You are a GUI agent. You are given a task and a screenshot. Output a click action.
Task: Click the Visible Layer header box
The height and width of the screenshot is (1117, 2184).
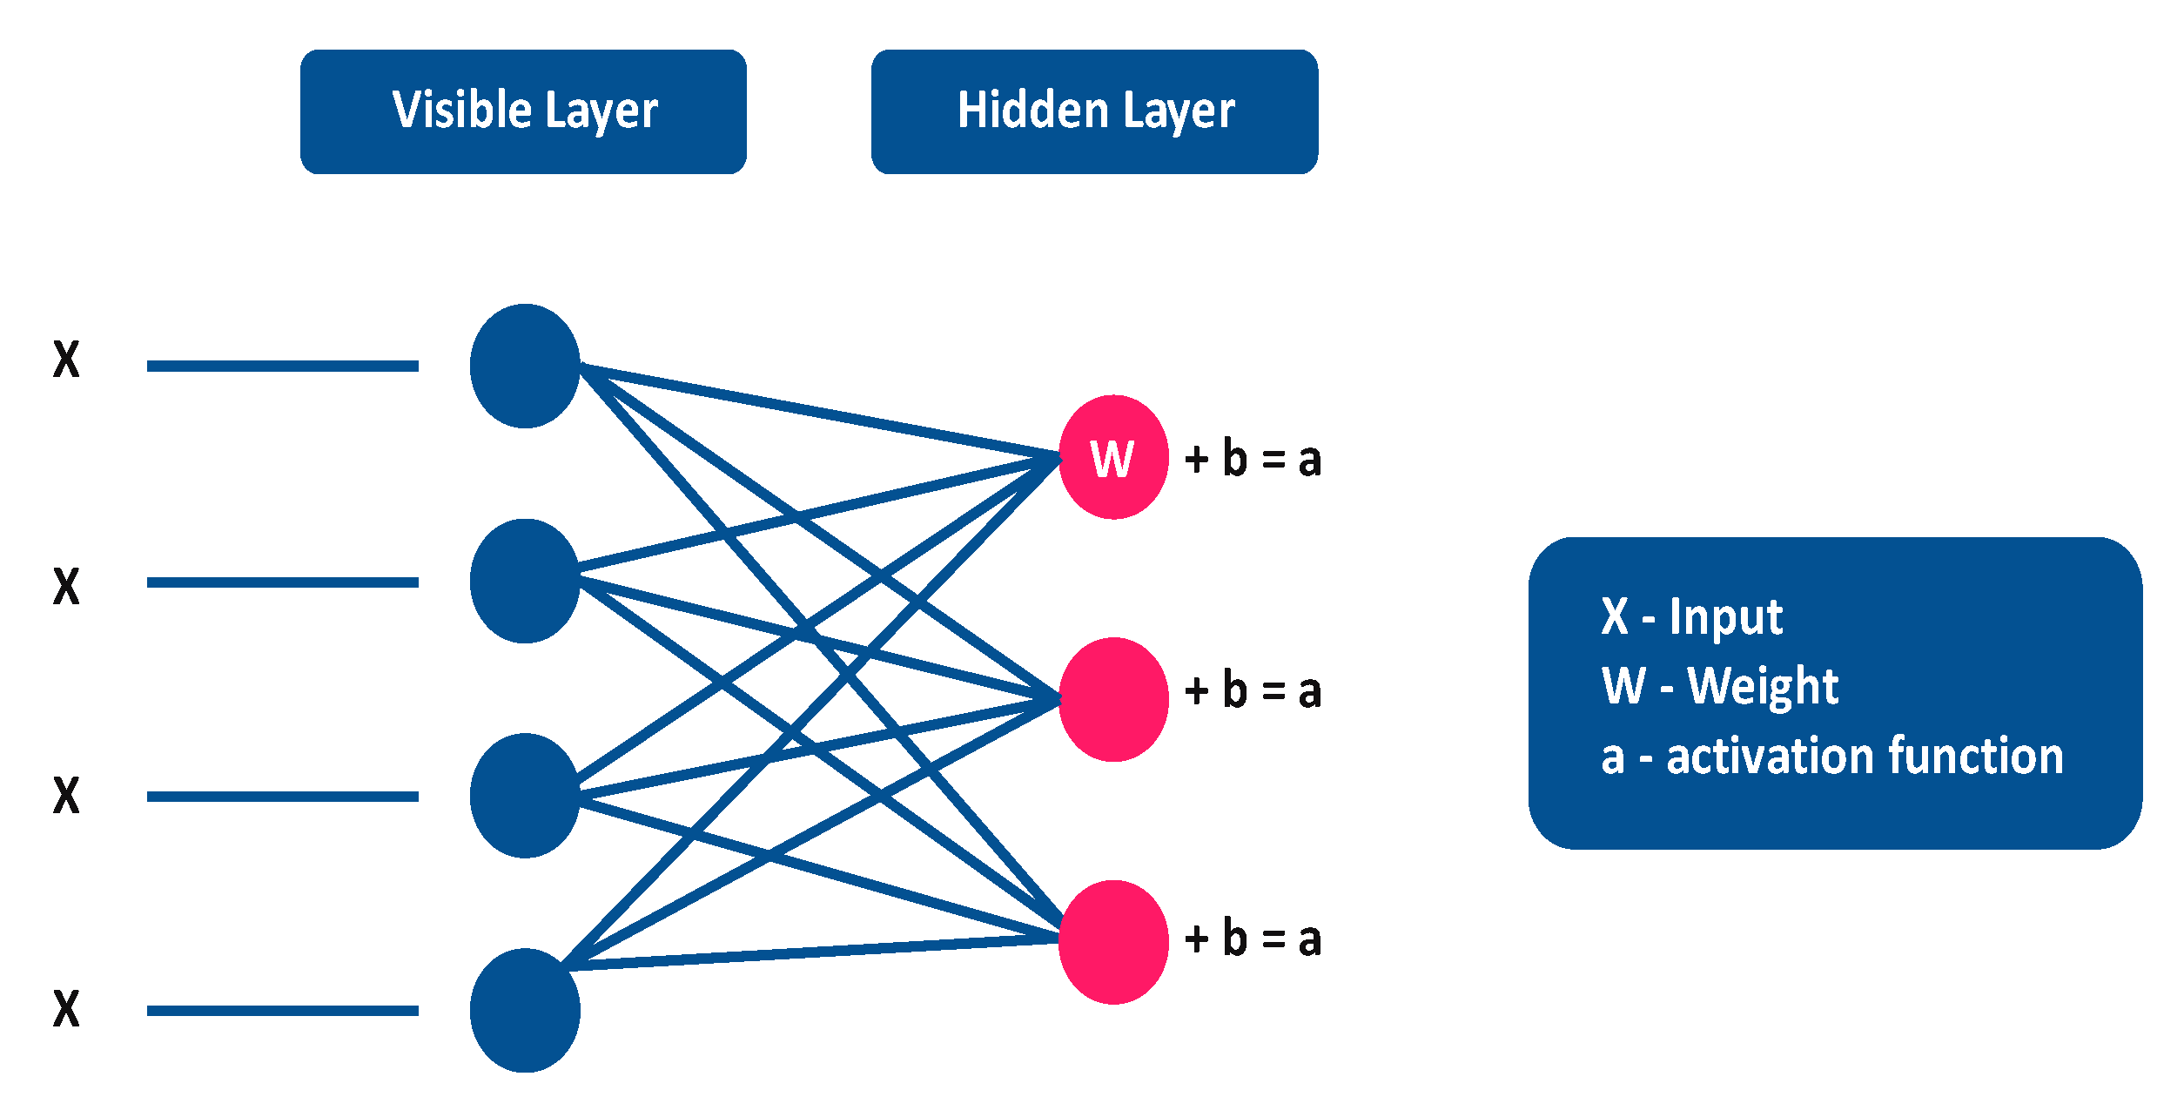click(x=523, y=111)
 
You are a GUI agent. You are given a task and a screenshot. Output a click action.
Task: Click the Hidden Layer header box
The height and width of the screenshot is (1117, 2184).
click(x=1094, y=111)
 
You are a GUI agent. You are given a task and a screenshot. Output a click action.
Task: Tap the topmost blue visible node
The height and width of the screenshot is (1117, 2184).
click(x=525, y=366)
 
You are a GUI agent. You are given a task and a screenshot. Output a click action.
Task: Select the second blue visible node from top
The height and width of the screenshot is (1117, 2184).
click(x=525, y=581)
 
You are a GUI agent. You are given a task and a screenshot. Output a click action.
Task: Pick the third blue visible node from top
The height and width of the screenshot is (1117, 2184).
click(x=525, y=795)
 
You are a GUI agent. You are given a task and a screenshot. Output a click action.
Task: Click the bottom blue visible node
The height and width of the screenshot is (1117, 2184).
click(x=525, y=1010)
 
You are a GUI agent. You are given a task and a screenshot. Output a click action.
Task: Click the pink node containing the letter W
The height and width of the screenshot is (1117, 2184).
click(x=1113, y=457)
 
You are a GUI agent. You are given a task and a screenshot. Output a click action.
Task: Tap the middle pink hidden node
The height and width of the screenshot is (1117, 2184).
click(x=1113, y=699)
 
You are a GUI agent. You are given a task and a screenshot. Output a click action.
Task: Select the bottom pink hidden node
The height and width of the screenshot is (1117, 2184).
click(x=1113, y=942)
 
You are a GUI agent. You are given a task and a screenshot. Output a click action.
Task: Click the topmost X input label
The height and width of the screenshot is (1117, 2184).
click(x=66, y=359)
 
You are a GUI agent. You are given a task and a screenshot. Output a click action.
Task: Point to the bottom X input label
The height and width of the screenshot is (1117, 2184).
click(x=66, y=1009)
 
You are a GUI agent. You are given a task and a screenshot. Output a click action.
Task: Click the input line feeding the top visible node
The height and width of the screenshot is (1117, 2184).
click(x=282, y=366)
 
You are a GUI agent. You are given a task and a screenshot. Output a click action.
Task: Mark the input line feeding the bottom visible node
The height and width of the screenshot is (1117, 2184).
click(x=282, y=1011)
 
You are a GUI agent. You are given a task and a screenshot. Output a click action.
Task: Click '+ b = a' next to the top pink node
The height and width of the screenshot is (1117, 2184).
click(x=1253, y=459)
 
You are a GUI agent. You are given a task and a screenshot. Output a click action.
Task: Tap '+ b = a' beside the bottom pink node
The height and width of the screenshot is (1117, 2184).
click(x=1253, y=939)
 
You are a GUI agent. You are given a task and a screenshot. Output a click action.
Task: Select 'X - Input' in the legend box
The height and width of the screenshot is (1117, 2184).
click(x=1691, y=617)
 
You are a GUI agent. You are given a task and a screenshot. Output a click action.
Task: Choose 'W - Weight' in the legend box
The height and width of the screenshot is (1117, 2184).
click(x=1719, y=686)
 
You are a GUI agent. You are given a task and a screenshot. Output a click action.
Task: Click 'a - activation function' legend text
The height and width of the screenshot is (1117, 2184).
click(x=1831, y=756)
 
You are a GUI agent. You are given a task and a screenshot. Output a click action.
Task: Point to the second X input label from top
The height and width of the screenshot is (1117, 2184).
click(x=66, y=586)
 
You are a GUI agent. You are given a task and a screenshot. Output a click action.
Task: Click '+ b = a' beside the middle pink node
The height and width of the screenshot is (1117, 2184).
click(x=1253, y=690)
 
